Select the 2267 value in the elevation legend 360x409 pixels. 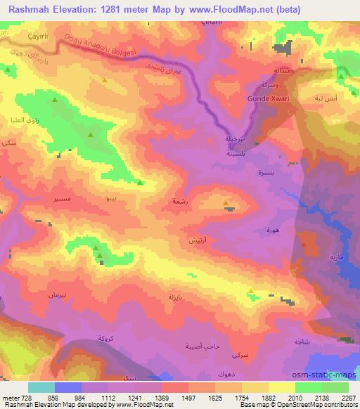pyautogui.click(x=349, y=398)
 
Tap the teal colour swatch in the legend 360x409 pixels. pyautogui.click(x=41, y=387)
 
